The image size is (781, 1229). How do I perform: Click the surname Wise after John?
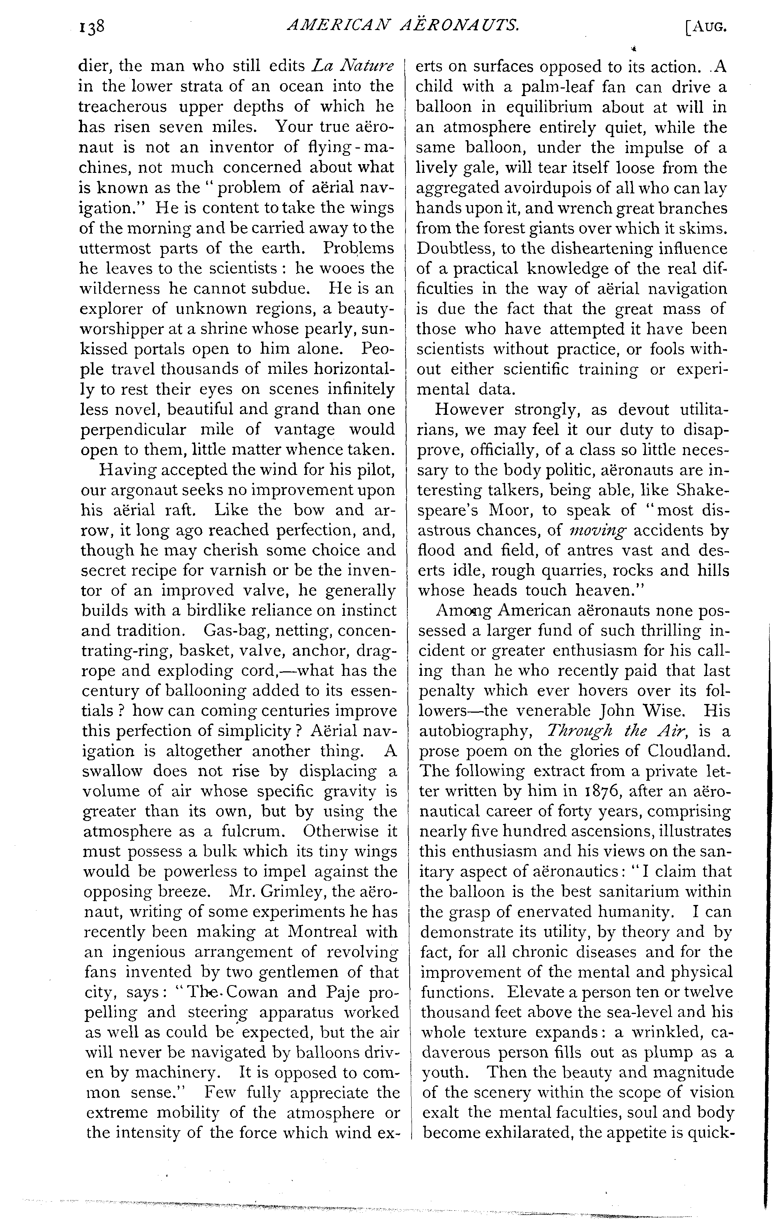tap(662, 711)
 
